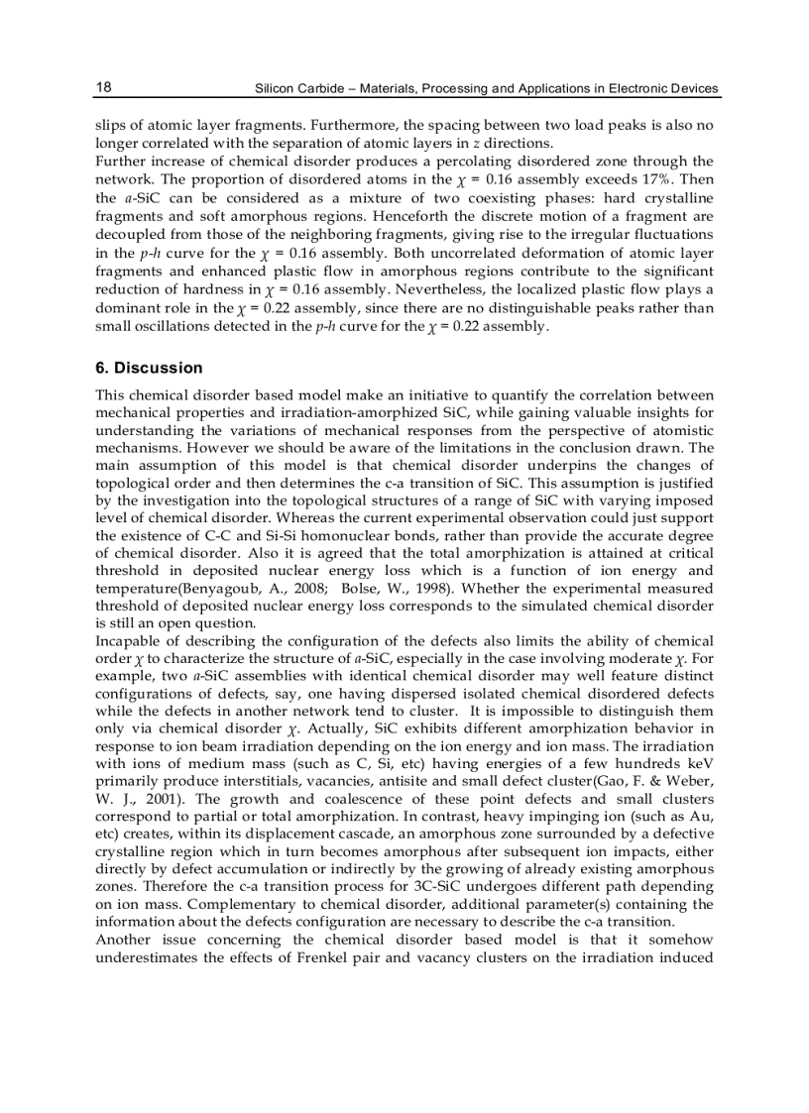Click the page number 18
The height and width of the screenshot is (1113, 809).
pos(103,87)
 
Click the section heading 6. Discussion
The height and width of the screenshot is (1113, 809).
pos(149,368)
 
